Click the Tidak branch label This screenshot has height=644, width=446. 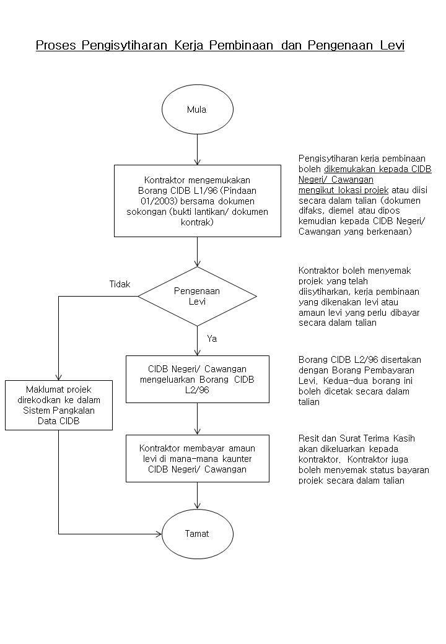point(120,284)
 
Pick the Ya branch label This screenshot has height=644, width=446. point(212,339)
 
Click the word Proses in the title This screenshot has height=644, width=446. point(56,45)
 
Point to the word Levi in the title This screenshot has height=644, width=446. point(392,45)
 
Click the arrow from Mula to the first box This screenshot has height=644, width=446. point(198,150)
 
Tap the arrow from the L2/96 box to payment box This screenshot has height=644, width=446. point(198,419)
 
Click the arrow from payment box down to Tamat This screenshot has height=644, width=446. point(198,495)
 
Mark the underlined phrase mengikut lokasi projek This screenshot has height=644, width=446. point(343,190)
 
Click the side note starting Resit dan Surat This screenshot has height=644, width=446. point(364,459)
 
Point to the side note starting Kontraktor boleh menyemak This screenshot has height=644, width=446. point(359,297)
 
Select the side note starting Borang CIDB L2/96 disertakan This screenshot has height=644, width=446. point(360,381)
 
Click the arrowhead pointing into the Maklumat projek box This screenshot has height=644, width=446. point(59,377)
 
